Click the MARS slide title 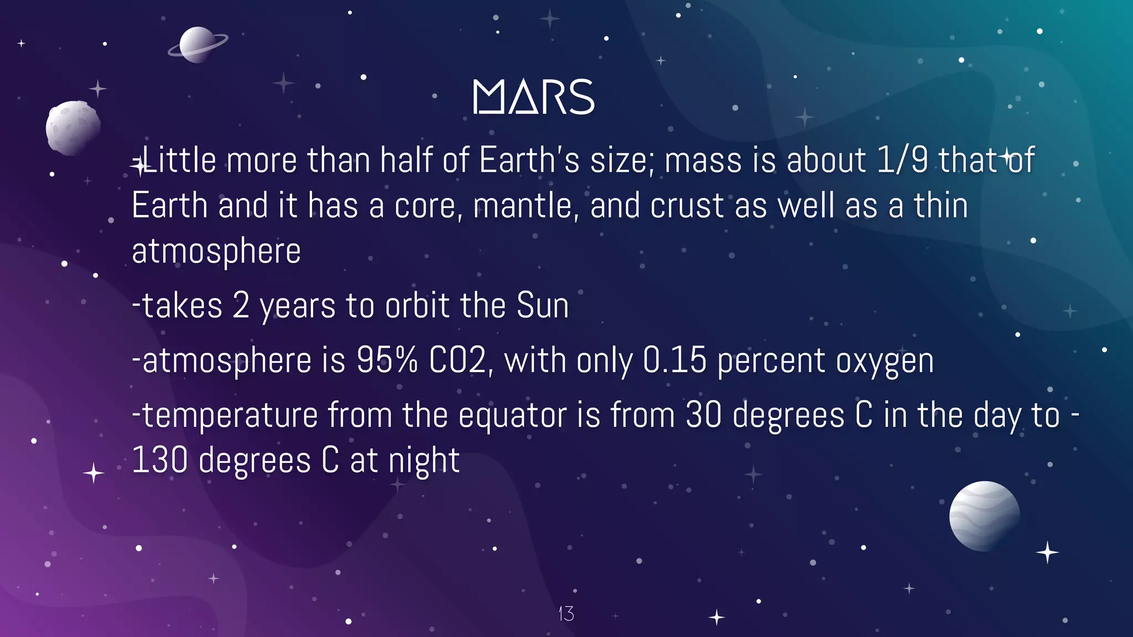click(x=533, y=97)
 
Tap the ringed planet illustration click(x=197, y=45)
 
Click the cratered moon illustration click(x=72, y=127)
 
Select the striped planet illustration click(x=984, y=515)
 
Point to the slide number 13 click(x=566, y=613)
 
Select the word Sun click(x=542, y=305)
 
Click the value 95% click(x=387, y=361)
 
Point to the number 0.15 click(x=674, y=361)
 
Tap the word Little click(x=179, y=160)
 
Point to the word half click(x=406, y=160)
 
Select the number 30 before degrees click(x=703, y=415)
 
